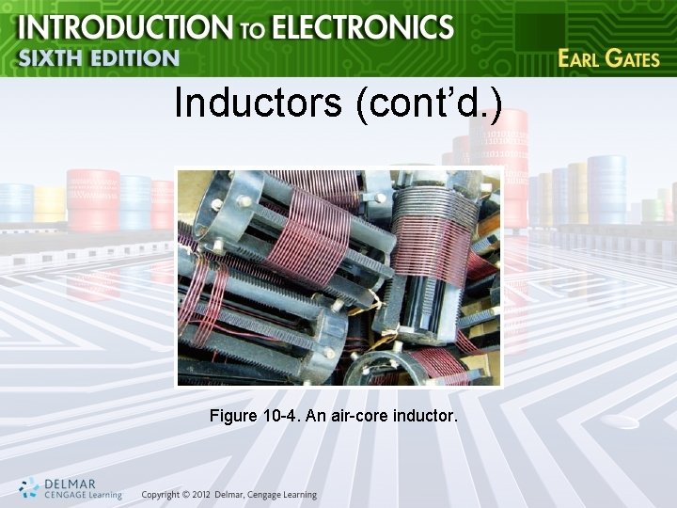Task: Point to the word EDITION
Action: pos(132,58)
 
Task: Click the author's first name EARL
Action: pos(579,57)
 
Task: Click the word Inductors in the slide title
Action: pos(258,103)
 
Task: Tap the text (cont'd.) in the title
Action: pos(429,103)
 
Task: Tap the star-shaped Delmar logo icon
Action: pos(29,487)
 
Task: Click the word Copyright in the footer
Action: pos(159,495)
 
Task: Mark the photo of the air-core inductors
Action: pos(339,277)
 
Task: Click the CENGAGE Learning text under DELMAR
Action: pos(83,495)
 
